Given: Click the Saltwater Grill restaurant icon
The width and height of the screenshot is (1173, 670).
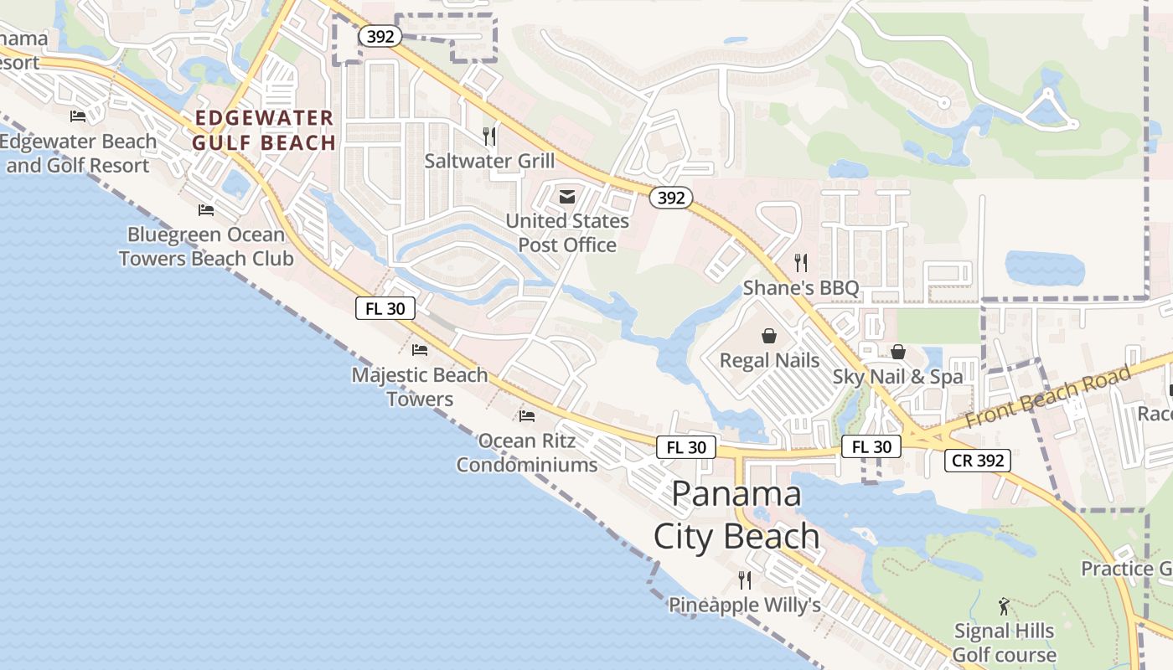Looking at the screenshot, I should (490, 136).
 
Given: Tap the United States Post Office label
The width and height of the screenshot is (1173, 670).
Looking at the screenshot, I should (567, 233).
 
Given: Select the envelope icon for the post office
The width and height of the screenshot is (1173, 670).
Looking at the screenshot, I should (567, 197).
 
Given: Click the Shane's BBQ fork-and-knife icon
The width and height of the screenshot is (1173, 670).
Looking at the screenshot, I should (801, 263).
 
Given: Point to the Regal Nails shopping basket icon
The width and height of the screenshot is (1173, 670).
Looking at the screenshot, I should (769, 337).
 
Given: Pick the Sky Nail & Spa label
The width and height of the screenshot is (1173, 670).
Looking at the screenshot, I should (898, 377).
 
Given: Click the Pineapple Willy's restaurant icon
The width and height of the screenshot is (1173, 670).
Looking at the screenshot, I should (744, 580).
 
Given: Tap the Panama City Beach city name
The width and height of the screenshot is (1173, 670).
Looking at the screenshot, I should (737, 514).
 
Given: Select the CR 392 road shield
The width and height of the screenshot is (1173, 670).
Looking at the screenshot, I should (978, 460).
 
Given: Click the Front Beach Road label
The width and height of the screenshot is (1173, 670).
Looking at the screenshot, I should (1047, 396).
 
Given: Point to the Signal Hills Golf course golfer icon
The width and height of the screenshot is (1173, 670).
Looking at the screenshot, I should (1004, 606).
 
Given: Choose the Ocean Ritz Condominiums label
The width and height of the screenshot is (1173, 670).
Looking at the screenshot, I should (527, 452).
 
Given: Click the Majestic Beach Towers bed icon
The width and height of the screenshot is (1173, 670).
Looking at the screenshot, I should (420, 349).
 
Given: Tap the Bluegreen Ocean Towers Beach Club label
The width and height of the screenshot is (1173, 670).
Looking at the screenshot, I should (206, 246).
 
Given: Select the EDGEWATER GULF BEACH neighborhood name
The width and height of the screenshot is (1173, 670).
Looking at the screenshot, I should (264, 131).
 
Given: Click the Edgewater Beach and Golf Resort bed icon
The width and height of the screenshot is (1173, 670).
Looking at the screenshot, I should (78, 116).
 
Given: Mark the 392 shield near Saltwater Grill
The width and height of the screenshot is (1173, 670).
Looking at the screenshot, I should (381, 36).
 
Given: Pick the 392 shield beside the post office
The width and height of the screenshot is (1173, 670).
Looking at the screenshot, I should (671, 198).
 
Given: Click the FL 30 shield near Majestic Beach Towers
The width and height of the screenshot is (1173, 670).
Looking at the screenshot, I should (385, 308).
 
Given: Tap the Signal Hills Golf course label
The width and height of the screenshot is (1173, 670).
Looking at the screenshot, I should (1004, 642).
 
